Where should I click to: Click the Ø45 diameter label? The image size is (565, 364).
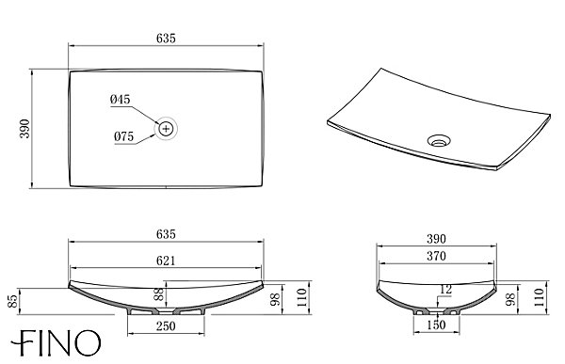click(x=121, y=100)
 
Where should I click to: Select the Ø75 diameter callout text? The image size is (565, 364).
click(x=123, y=136)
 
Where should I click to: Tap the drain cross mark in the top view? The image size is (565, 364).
click(x=166, y=129)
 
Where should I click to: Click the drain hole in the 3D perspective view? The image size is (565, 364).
click(x=439, y=140)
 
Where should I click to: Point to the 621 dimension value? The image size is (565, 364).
click(x=166, y=261)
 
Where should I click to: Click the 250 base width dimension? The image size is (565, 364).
click(x=166, y=326)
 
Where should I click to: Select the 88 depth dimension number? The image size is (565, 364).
click(x=159, y=294)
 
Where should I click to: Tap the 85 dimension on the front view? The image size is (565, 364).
click(x=12, y=301)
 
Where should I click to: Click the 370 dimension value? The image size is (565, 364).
click(x=436, y=256)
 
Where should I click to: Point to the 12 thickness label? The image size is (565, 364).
click(x=445, y=289)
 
